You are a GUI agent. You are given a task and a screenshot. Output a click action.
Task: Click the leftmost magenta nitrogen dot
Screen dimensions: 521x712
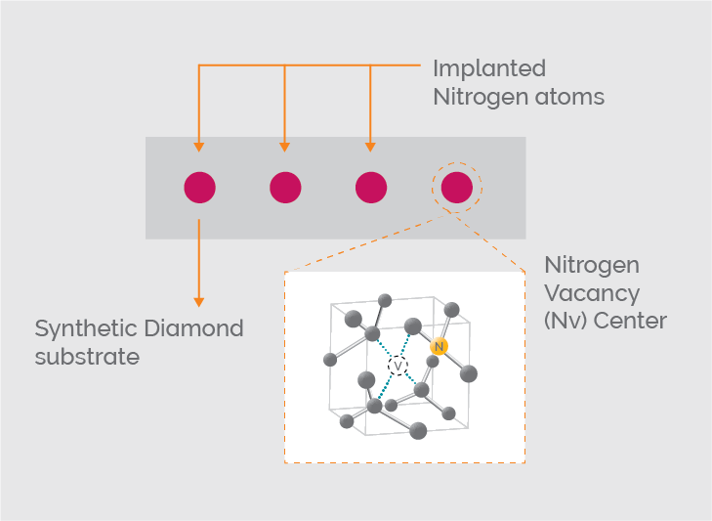(x=199, y=187)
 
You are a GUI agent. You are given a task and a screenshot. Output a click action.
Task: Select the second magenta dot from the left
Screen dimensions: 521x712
(x=285, y=187)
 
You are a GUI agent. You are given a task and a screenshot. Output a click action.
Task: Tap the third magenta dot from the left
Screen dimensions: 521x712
(x=371, y=187)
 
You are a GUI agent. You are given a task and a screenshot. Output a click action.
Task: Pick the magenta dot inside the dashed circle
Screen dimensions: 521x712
(x=457, y=187)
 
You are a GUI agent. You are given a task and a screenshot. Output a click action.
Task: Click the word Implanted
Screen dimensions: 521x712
(x=488, y=70)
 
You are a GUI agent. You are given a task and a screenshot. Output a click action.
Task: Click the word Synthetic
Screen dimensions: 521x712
(x=88, y=328)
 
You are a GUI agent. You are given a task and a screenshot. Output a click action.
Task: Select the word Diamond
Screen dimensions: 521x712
(x=195, y=328)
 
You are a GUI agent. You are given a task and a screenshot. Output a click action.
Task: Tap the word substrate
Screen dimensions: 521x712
(x=87, y=356)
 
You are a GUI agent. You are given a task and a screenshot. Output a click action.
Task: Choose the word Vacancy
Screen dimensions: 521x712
(x=592, y=293)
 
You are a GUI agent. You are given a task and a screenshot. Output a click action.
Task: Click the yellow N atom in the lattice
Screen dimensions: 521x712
(x=440, y=346)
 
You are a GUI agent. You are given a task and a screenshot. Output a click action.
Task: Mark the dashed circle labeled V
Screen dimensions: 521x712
(x=398, y=365)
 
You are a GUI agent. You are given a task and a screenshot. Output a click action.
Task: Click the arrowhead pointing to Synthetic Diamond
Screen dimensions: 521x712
(x=199, y=301)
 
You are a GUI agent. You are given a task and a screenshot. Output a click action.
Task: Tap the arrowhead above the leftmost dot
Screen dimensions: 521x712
(x=199, y=147)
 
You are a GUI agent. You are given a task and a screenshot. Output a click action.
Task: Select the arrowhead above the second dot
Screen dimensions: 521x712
(x=285, y=147)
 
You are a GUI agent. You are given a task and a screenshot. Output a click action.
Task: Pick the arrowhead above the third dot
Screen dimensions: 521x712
(x=371, y=147)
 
